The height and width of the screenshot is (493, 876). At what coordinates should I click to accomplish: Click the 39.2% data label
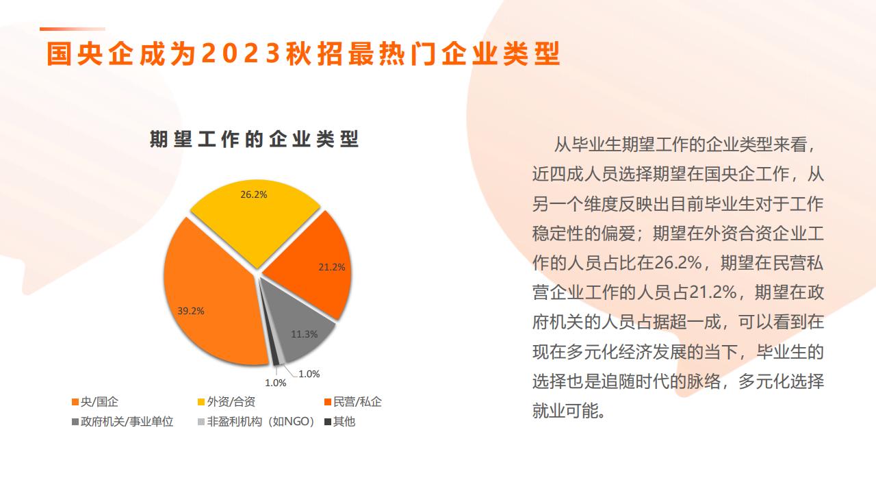[x=191, y=311]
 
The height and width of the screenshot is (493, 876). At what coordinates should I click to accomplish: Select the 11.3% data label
[x=305, y=334]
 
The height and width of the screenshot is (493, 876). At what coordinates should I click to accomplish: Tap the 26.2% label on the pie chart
[x=254, y=194]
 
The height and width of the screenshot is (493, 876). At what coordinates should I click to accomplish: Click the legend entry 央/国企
[x=95, y=402]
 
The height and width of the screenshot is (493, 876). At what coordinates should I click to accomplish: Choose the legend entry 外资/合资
[x=227, y=402]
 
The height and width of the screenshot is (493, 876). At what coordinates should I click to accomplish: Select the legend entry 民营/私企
[x=353, y=402]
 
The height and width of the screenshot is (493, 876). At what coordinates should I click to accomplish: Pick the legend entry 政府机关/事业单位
[x=123, y=422]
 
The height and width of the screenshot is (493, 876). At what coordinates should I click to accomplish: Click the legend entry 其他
[x=340, y=422]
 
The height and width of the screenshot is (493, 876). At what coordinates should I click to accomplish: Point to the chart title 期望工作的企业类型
[x=254, y=139]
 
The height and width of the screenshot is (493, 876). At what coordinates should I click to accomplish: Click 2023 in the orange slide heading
[x=242, y=53]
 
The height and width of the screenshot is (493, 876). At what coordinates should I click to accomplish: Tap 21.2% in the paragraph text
[x=713, y=292]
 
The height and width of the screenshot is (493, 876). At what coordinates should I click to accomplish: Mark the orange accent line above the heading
[x=73, y=29]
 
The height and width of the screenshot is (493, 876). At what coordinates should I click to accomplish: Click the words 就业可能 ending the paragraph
[x=566, y=411]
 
